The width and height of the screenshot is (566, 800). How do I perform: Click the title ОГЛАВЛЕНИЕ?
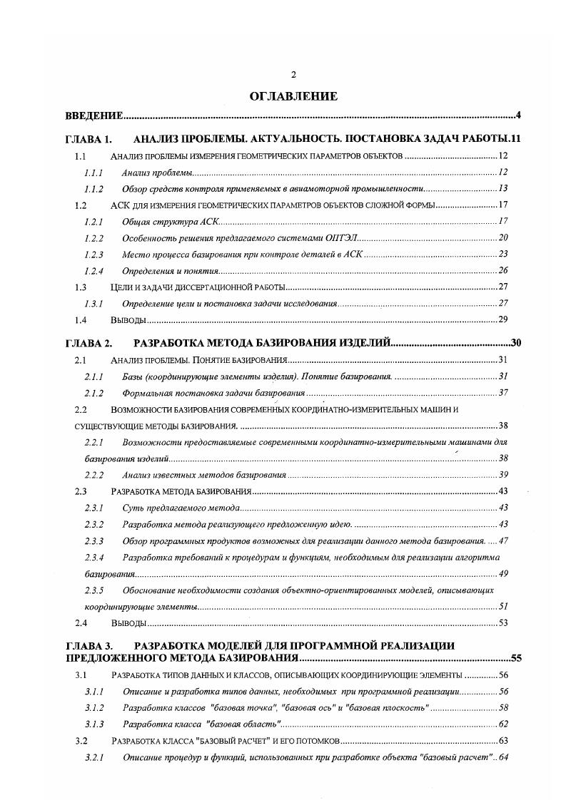(293, 96)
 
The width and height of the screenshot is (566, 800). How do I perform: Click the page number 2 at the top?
(293, 75)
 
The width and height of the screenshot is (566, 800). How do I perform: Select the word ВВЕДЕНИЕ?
(94, 116)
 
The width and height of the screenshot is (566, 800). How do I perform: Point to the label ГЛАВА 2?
(89, 344)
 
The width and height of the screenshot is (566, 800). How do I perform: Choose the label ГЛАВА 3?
(89, 646)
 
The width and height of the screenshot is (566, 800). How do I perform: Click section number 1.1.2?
(94, 189)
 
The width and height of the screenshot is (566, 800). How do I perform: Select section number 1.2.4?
(94, 270)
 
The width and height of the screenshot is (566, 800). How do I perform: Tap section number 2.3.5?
(94, 590)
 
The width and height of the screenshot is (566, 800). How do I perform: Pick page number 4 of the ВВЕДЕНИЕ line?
(519, 116)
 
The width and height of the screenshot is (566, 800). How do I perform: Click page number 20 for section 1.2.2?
(502, 237)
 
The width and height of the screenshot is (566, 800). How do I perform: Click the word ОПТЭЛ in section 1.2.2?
(343, 237)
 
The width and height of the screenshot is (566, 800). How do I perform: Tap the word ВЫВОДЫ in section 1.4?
(127, 319)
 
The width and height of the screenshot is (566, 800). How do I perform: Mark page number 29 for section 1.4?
(502, 319)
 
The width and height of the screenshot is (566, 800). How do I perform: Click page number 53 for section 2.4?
(502, 623)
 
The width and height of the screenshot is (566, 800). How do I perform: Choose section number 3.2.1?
(94, 757)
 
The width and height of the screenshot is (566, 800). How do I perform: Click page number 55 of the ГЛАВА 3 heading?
(516, 658)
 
